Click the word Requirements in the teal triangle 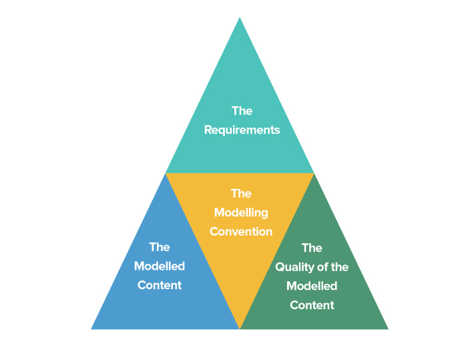click(242, 130)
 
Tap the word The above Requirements click(242, 111)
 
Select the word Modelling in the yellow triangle click(241, 212)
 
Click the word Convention click(241, 232)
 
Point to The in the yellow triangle click(241, 194)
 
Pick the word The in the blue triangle click(160, 247)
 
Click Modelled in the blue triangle click(160, 266)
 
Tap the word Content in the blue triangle click(160, 285)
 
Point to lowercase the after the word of click(339, 267)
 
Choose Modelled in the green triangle click(312, 286)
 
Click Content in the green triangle click(312, 305)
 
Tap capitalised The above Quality click(312, 248)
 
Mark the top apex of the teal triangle click(240, 17)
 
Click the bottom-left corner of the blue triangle click(91, 329)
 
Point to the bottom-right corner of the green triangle click(389, 329)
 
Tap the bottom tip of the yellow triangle click(240, 329)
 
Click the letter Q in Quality click(280, 267)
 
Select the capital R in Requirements click(208, 130)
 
